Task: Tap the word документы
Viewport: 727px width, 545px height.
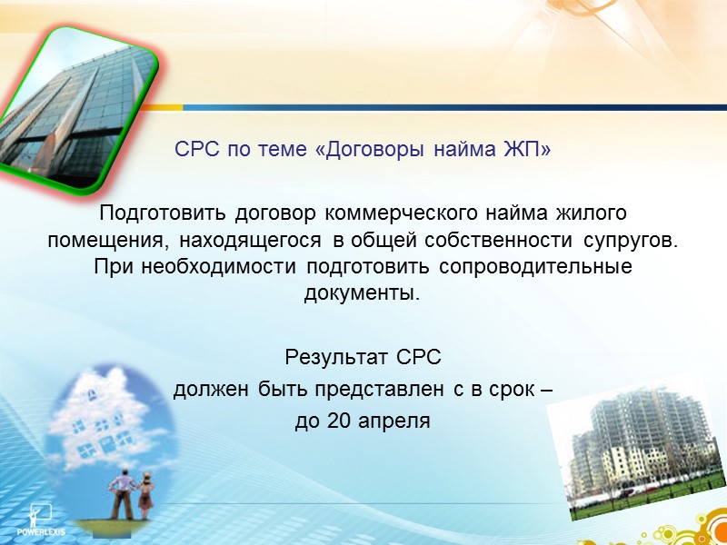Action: point(361,294)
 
